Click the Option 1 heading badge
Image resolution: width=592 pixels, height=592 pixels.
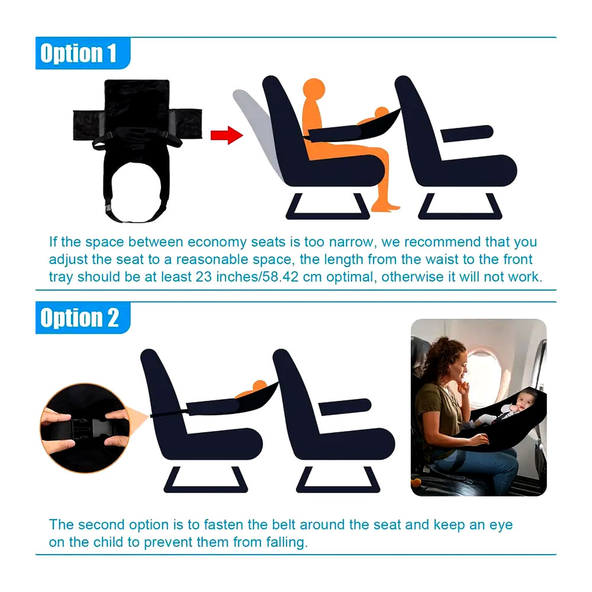point(83,53)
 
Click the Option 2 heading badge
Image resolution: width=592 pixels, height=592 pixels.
point(83,318)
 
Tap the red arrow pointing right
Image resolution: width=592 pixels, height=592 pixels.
point(227,135)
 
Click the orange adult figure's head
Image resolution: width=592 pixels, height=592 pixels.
point(314,89)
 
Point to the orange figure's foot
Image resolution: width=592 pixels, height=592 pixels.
point(385,207)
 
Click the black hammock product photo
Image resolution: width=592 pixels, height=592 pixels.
point(137,151)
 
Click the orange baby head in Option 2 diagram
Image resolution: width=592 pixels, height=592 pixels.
point(259,386)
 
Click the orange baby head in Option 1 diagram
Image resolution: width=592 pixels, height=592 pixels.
point(381,112)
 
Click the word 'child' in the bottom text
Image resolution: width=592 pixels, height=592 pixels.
point(108,542)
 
